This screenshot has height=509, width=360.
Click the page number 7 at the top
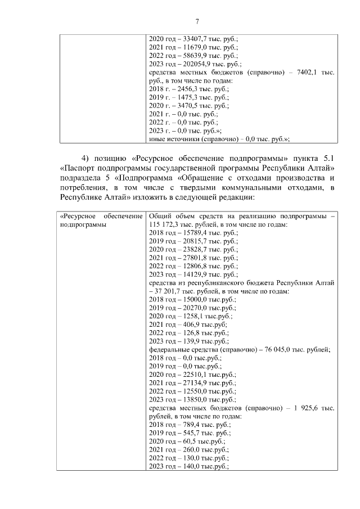[197, 22]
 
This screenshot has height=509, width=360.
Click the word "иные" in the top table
[156, 139]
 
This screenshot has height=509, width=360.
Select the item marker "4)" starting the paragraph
[86, 156]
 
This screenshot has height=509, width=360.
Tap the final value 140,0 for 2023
[188, 466]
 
